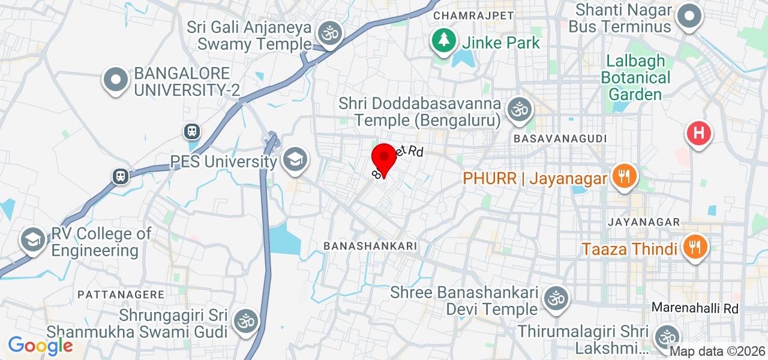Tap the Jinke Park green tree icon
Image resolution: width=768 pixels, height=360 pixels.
(444, 41)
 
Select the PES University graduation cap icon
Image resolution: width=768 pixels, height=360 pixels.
(296, 160)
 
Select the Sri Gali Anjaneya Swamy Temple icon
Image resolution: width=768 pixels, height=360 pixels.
(329, 33)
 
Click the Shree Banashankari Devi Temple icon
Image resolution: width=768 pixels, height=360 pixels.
(556, 298)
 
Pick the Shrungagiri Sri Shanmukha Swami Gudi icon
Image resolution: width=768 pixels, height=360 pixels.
(244, 320)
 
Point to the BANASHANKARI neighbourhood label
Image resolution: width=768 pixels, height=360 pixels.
(370, 246)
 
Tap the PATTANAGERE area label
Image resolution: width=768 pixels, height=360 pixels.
(121, 295)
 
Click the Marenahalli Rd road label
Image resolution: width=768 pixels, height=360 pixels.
(695, 308)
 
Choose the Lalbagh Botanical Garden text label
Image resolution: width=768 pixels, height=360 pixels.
(636, 78)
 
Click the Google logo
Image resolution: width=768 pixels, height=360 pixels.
(40, 346)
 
